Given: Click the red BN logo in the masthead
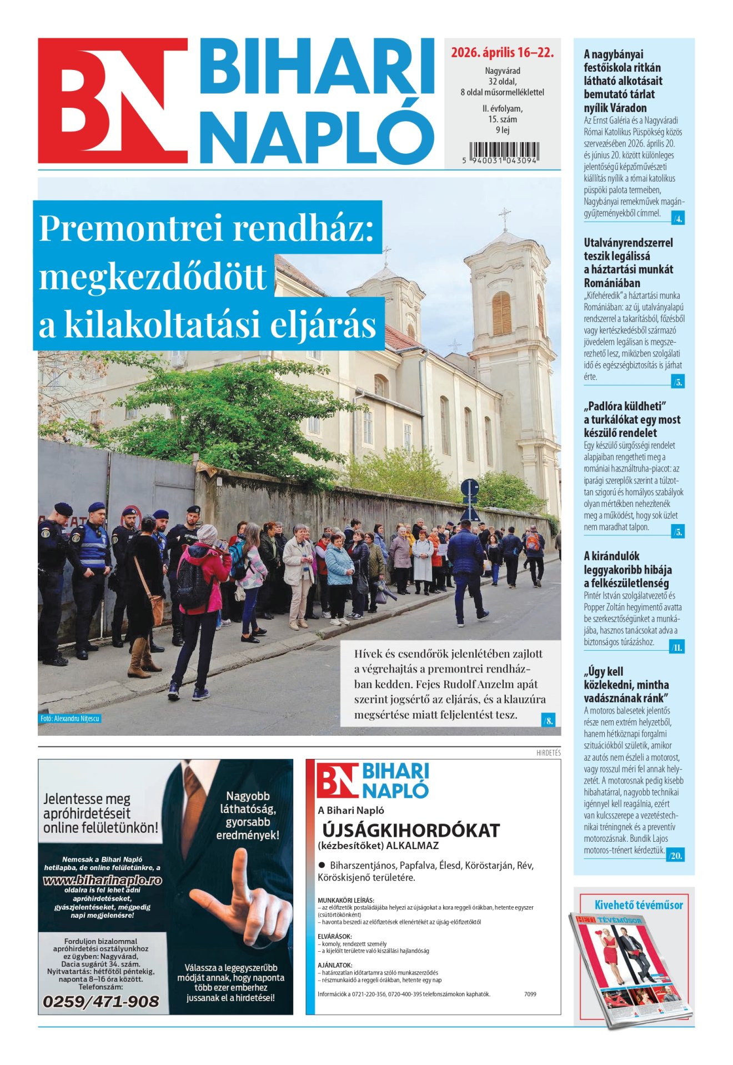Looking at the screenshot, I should pos(113,101).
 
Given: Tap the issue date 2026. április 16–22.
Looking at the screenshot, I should pos(502,53).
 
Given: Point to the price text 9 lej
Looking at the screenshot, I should pos(502,130).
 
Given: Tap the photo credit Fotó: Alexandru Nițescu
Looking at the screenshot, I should pos(70,719).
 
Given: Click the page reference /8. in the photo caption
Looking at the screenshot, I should pos(548,721).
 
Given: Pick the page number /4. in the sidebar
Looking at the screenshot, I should pos(677,219).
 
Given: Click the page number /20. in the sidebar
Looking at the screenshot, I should pos(676,856).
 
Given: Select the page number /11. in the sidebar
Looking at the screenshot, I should pos(677,647).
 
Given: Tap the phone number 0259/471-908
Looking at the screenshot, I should pos(101,1001).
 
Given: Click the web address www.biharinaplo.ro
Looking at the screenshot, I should pos(102,880).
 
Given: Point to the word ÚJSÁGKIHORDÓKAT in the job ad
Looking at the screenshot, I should pos(411,831).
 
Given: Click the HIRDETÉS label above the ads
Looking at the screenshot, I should pos(548,753).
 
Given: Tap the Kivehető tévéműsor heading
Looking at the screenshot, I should pos(639,905).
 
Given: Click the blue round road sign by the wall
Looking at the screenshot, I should pos(469,488).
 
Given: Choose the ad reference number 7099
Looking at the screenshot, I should pos(530,994).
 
